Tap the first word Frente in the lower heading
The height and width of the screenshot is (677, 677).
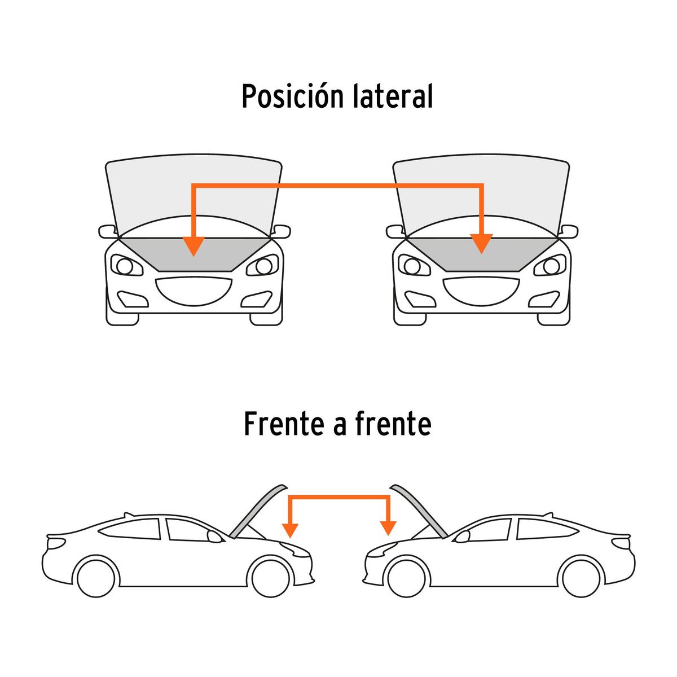[284, 424]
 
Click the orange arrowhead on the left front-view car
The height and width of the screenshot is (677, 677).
[194, 245]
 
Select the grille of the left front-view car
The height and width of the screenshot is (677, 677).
[194, 291]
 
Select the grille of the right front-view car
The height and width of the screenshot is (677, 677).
[481, 291]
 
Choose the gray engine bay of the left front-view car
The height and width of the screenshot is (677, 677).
[194, 254]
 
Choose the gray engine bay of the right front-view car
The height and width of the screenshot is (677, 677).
[482, 254]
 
